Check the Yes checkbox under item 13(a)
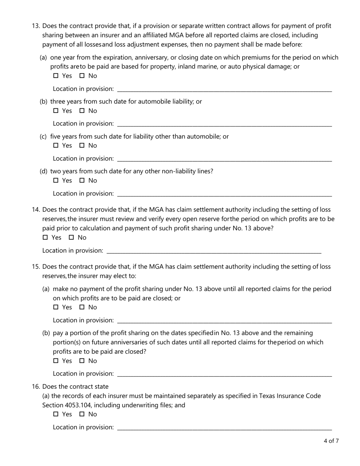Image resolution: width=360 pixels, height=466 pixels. tap(56, 76)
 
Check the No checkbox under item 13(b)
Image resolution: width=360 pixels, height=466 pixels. tap(82, 111)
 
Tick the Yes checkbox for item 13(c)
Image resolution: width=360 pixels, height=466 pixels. tap(56, 146)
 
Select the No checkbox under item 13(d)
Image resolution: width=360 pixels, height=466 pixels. tap(82, 181)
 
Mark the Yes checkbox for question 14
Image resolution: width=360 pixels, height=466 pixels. tap(45, 238)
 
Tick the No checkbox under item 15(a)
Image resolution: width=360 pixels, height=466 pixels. tap(82, 307)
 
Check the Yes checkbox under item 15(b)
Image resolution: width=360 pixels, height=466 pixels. tap(56, 361)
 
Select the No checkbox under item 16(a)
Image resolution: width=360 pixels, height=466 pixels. tap(82, 414)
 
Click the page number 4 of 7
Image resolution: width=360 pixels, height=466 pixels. tap(331, 441)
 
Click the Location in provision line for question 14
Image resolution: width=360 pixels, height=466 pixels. tap(214, 251)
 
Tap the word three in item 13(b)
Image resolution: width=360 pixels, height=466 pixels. tap(58, 102)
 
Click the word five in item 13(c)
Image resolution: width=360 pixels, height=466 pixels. tap(56, 136)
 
